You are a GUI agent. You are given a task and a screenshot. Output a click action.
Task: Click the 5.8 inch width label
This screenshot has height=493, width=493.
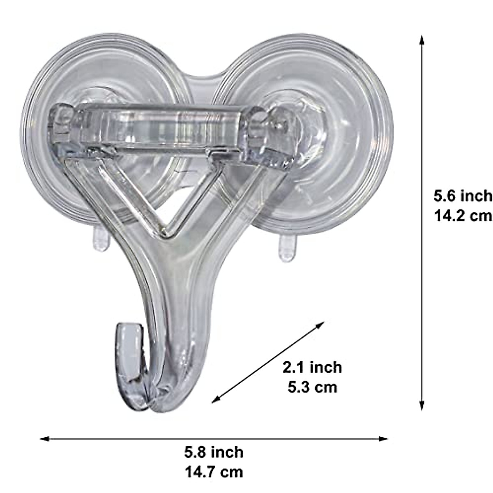(214, 452)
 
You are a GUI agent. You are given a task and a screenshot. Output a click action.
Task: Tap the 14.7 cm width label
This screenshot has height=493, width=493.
(214, 471)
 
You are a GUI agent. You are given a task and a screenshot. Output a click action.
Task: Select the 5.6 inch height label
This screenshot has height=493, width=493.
(462, 196)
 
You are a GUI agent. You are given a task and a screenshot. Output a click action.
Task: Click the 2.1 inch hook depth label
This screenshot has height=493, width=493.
(312, 367)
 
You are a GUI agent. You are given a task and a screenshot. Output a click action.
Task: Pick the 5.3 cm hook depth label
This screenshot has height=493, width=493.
(312, 387)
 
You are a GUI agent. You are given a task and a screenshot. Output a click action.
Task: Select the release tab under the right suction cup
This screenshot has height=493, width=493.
(286, 249)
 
